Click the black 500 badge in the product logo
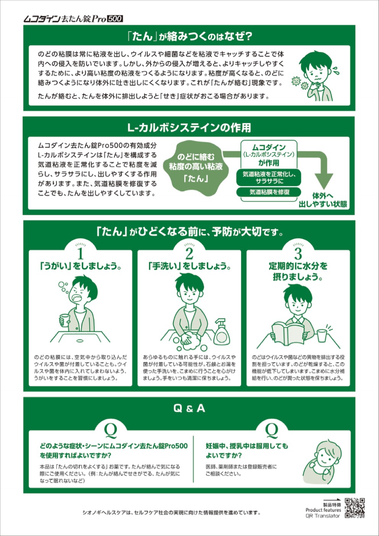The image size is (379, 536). coord(115,19)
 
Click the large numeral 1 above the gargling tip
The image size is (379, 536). coord(80,254)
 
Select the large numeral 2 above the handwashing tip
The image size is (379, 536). coord(189,254)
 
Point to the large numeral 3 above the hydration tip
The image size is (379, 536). coord(298,254)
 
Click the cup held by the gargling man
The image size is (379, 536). coord(64,321)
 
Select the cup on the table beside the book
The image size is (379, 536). coord(322,336)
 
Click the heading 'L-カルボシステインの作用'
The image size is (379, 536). coord(189,128)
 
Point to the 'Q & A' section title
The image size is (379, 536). coord(189,408)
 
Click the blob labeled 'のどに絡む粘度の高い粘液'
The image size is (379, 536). coord(196,168)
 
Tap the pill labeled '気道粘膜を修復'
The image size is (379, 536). coord(269,192)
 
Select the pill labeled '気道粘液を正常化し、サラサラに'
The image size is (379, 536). coord(269,177)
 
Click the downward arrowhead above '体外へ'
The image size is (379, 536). coord(324,181)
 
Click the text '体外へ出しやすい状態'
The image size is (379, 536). coord(323,200)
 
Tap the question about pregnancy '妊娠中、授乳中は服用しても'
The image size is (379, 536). coord(247,446)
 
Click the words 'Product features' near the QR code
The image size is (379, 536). coord(323,510)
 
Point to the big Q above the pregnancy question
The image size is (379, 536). coord(272,431)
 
